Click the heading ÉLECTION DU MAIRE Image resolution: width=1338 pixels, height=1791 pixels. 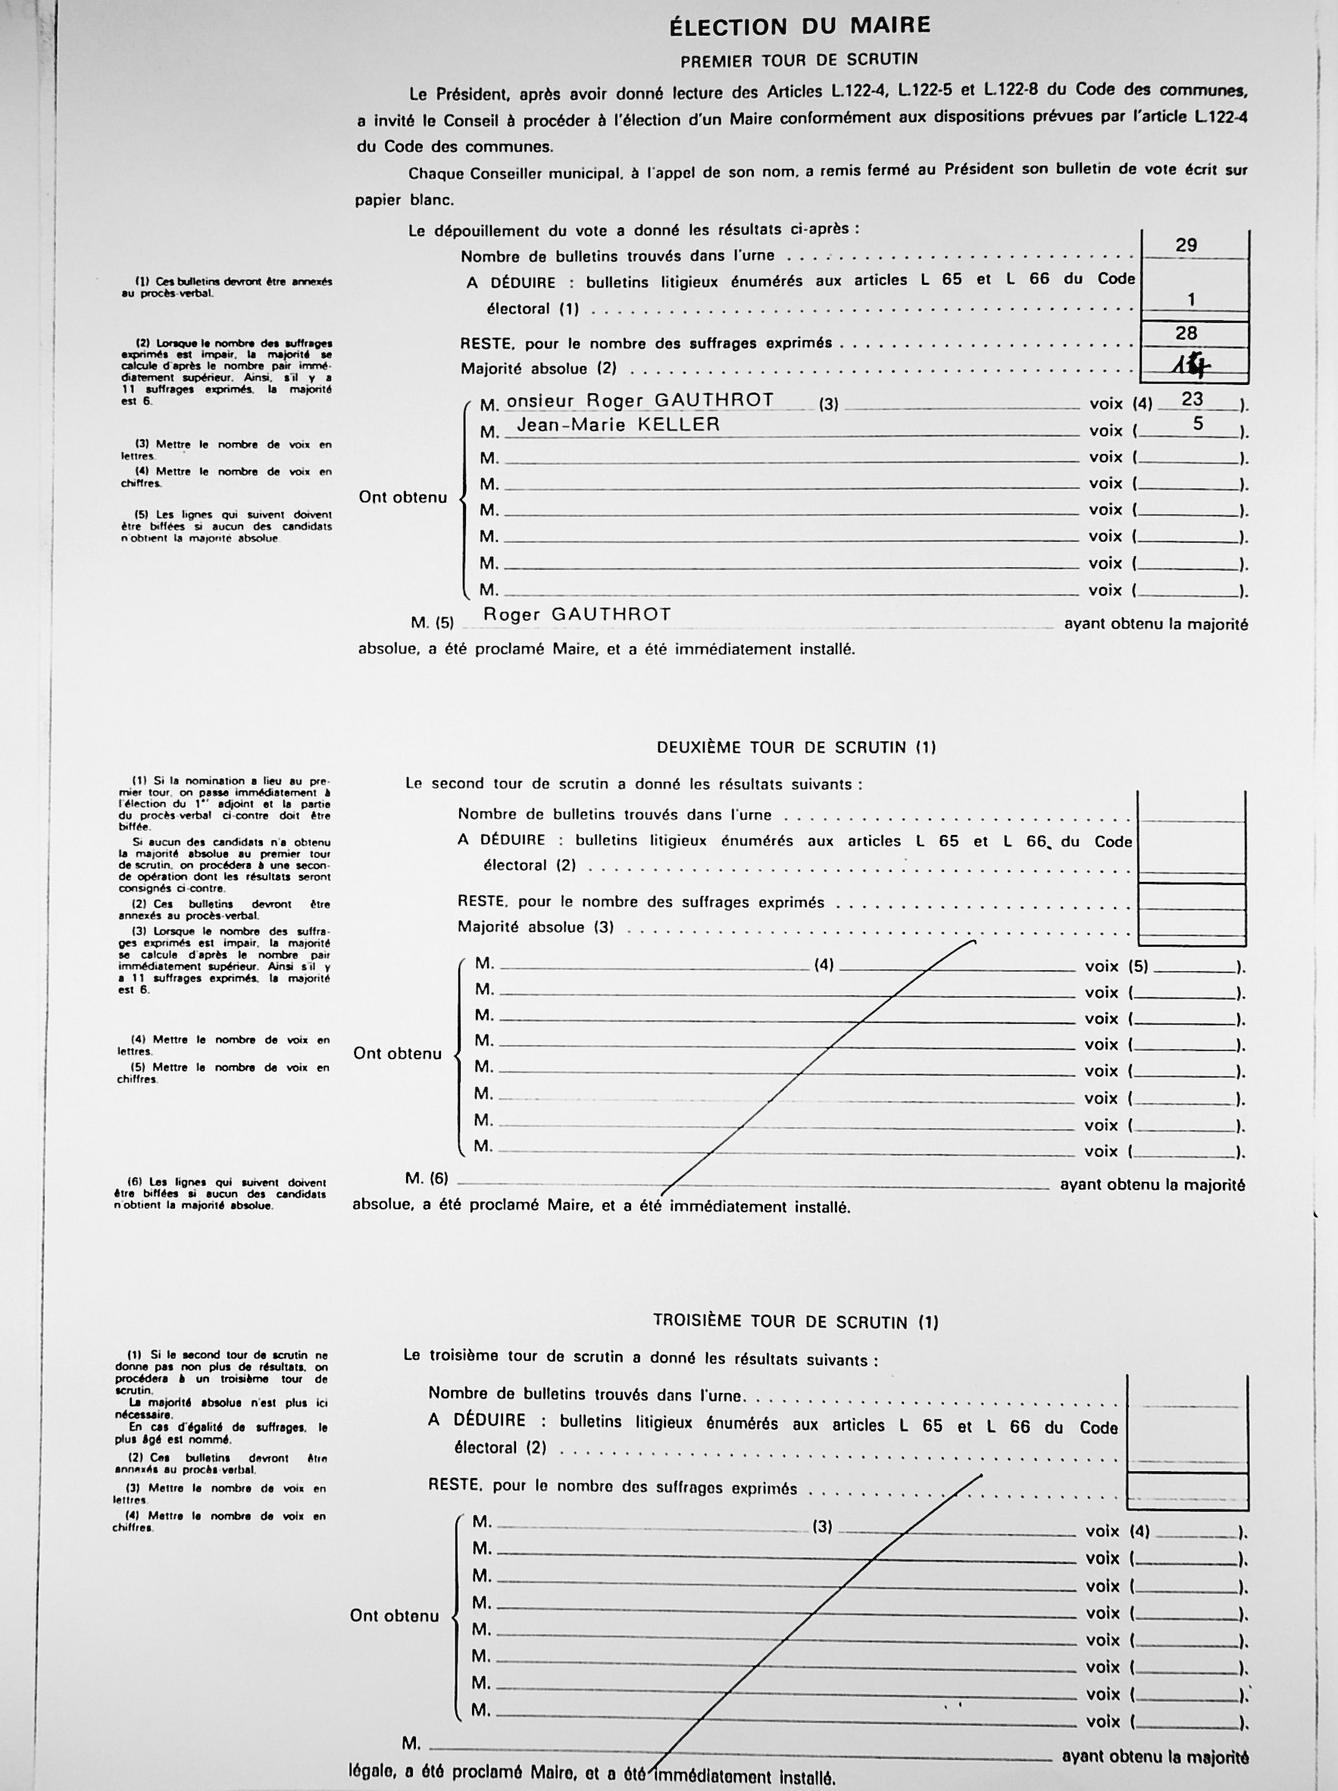[x=799, y=27]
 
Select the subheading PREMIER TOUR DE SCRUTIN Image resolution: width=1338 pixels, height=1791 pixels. [x=799, y=61]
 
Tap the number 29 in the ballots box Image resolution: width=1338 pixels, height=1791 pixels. [x=1186, y=245]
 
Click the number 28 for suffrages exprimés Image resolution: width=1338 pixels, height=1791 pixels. [x=1186, y=333]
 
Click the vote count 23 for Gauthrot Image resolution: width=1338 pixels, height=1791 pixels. [x=1192, y=399]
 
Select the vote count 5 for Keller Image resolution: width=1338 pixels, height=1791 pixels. [x=1198, y=424]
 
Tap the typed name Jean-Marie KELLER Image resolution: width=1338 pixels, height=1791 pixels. [x=618, y=424]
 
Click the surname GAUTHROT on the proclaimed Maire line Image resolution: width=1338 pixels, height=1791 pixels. [x=611, y=614]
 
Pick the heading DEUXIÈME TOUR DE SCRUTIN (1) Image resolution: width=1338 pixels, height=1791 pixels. [x=796, y=747]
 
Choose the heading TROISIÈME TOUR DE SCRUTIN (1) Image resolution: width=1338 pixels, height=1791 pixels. [x=796, y=1322]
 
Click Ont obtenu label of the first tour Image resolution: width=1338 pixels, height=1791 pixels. [x=402, y=497]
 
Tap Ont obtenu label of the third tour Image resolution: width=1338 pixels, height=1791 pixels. [x=395, y=1616]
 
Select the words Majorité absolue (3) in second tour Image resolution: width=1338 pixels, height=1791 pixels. [x=536, y=927]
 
